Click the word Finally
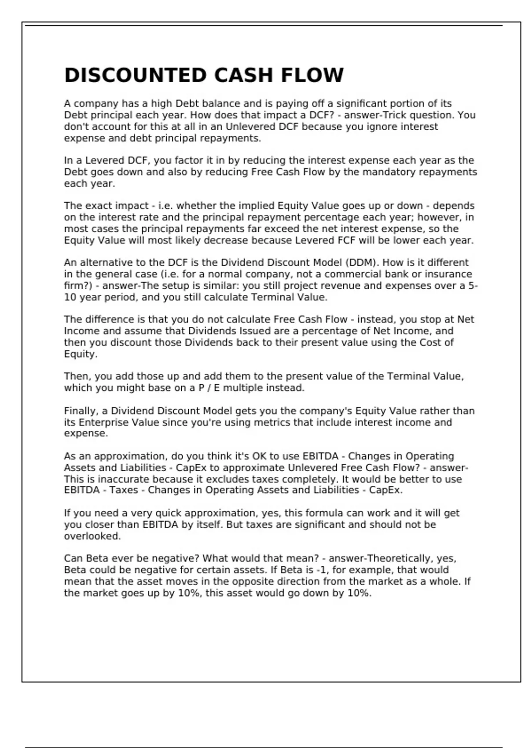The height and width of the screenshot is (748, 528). tap(80, 411)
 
